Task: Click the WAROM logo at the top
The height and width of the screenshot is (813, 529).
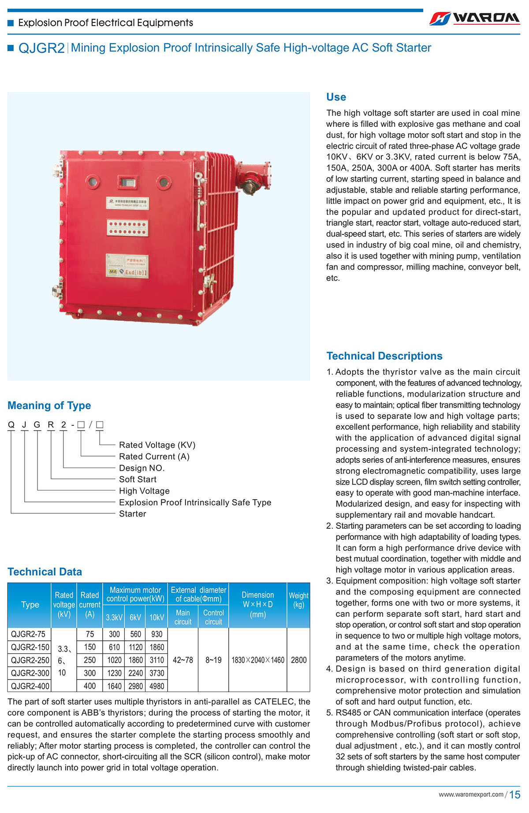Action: coord(475,18)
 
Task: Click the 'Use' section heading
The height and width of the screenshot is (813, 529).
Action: coord(336,97)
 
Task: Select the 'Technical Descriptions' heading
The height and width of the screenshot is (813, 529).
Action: coord(384,356)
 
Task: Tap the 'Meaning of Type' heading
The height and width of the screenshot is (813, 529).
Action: coord(49,405)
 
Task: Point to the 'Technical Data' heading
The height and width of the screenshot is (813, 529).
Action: coord(45,572)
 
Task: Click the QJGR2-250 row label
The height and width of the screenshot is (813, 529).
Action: coord(30,660)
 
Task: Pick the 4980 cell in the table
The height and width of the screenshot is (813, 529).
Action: coord(156,686)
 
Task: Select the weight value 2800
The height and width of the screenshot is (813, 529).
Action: coord(298,660)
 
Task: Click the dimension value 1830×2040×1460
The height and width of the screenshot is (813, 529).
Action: coord(258,660)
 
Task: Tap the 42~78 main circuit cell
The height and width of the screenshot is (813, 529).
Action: coord(183,660)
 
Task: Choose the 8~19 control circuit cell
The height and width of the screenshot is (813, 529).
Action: coord(213,660)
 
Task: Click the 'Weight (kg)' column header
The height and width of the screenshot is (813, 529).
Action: coord(298,600)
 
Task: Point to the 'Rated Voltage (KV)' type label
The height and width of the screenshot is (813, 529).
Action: coord(157,445)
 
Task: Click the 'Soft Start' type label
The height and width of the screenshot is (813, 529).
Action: coord(138,479)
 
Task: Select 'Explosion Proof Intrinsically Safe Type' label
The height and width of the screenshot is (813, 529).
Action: coord(195,502)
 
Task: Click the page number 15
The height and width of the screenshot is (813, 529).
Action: coord(514,795)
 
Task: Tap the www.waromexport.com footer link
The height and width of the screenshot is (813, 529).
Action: coord(470,794)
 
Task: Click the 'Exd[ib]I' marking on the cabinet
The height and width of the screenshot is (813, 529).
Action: coord(136,272)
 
